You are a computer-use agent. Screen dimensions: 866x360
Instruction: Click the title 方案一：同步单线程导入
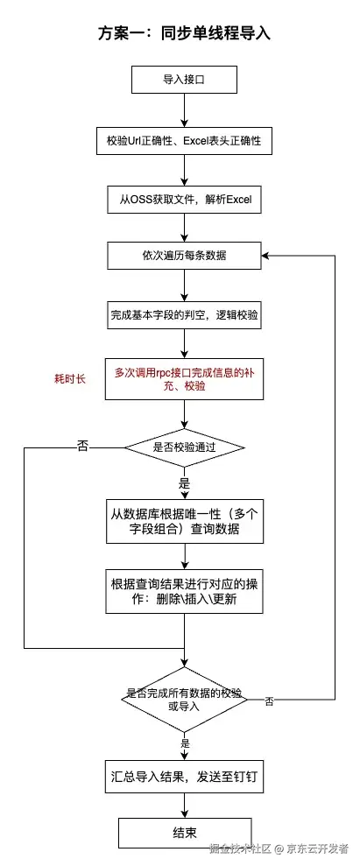click(184, 34)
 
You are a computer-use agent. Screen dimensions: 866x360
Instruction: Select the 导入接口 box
click(184, 80)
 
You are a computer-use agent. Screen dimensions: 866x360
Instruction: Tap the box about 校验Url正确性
click(184, 139)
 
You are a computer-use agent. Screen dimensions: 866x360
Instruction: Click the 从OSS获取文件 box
click(184, 199)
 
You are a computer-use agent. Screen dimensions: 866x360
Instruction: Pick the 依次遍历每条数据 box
click(184, 256)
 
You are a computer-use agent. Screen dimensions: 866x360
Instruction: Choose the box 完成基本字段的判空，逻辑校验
click(184, 313)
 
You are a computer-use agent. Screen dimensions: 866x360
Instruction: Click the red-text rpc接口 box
click(184, 379)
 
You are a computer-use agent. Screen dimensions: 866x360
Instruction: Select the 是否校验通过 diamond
click(184, 447)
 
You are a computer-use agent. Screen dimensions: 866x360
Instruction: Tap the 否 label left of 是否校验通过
click(83, 447)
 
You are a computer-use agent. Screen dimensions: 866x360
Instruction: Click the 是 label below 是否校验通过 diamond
click(184, 482)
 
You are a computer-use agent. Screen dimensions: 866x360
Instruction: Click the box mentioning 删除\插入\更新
click(184, 593)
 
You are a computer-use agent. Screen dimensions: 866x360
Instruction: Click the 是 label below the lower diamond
click(184, 743)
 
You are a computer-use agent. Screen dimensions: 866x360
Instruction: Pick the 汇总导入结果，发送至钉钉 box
click(184, 777)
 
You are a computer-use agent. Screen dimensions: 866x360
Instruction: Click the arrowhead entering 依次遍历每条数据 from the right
click(266, 256)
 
